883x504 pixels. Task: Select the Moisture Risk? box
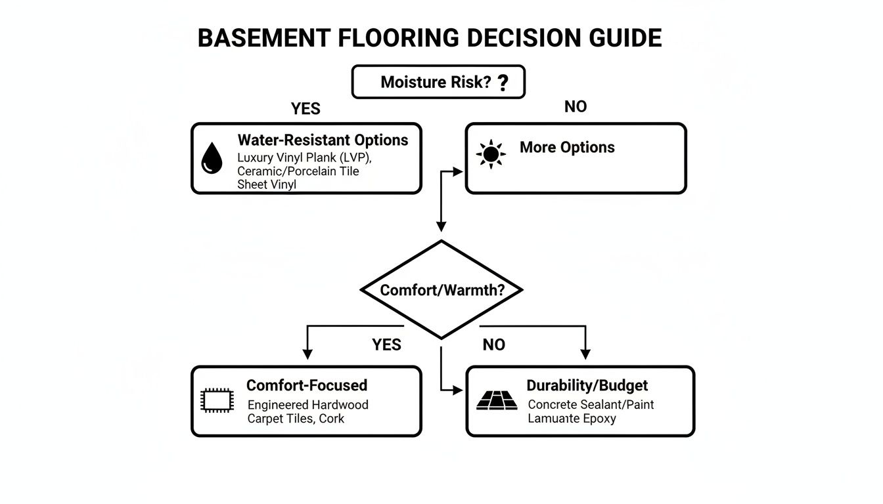(x=438, y=82)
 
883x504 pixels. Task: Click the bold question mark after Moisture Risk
(x=503, y=83)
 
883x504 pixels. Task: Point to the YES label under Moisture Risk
(x=306, y=109)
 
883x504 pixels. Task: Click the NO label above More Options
(x=576, y=107)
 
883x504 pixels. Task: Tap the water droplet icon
(x=211, y=158)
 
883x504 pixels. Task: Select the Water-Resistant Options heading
(x=323, y=140)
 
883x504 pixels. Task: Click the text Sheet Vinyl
(x=267, y=184)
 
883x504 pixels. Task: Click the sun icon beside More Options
(x=490, y=154)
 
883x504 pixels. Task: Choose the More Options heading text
(x=567, y=147)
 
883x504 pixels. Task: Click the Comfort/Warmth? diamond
(x=442, y=289)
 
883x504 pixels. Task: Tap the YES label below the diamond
(x=386, y=345)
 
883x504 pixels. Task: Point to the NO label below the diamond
(x=493, y=345)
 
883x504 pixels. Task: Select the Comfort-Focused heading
(x=307, y=385)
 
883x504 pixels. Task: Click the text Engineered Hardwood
(x=307, y=404)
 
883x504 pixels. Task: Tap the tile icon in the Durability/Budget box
(x=493, y=400)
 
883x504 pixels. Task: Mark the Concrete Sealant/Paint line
(x=591, y=404)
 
